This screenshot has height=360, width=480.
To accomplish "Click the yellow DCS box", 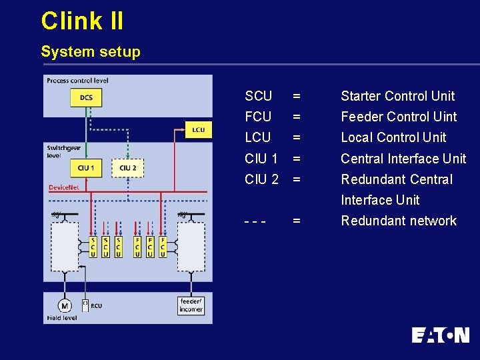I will [x=86, y=98].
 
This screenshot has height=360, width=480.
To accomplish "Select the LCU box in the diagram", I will [x=198, y=129].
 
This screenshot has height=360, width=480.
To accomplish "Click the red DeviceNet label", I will [x=64, y=188].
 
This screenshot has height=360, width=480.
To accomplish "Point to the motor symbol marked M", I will [x=65, y=306].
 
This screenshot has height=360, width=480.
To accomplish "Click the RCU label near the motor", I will [x=96, y=306].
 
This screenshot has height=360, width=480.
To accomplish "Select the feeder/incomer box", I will [x=191, y=305].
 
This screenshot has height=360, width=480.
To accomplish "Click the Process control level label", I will [x=77, y=81].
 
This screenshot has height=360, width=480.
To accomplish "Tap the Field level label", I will [x=62, y=318].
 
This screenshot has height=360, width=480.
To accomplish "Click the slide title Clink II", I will [x=82, y=21].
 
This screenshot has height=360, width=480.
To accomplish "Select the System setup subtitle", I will [x=91, y=52].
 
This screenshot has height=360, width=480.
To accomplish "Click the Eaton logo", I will [x=440, y=335].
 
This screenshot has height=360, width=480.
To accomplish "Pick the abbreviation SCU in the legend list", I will [x=258, y=96].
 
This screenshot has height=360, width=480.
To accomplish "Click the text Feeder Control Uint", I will [x=399, y=117].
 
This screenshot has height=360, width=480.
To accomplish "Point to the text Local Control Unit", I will [x=393, y=137].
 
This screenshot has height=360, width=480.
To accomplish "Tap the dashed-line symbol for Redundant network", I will [x=256, y=221].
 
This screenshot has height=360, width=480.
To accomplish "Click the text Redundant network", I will [x=399, y=221].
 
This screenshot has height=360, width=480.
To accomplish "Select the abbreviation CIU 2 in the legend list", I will [x=261, y=179].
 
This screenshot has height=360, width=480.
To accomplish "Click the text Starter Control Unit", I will [x=397, y=96].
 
